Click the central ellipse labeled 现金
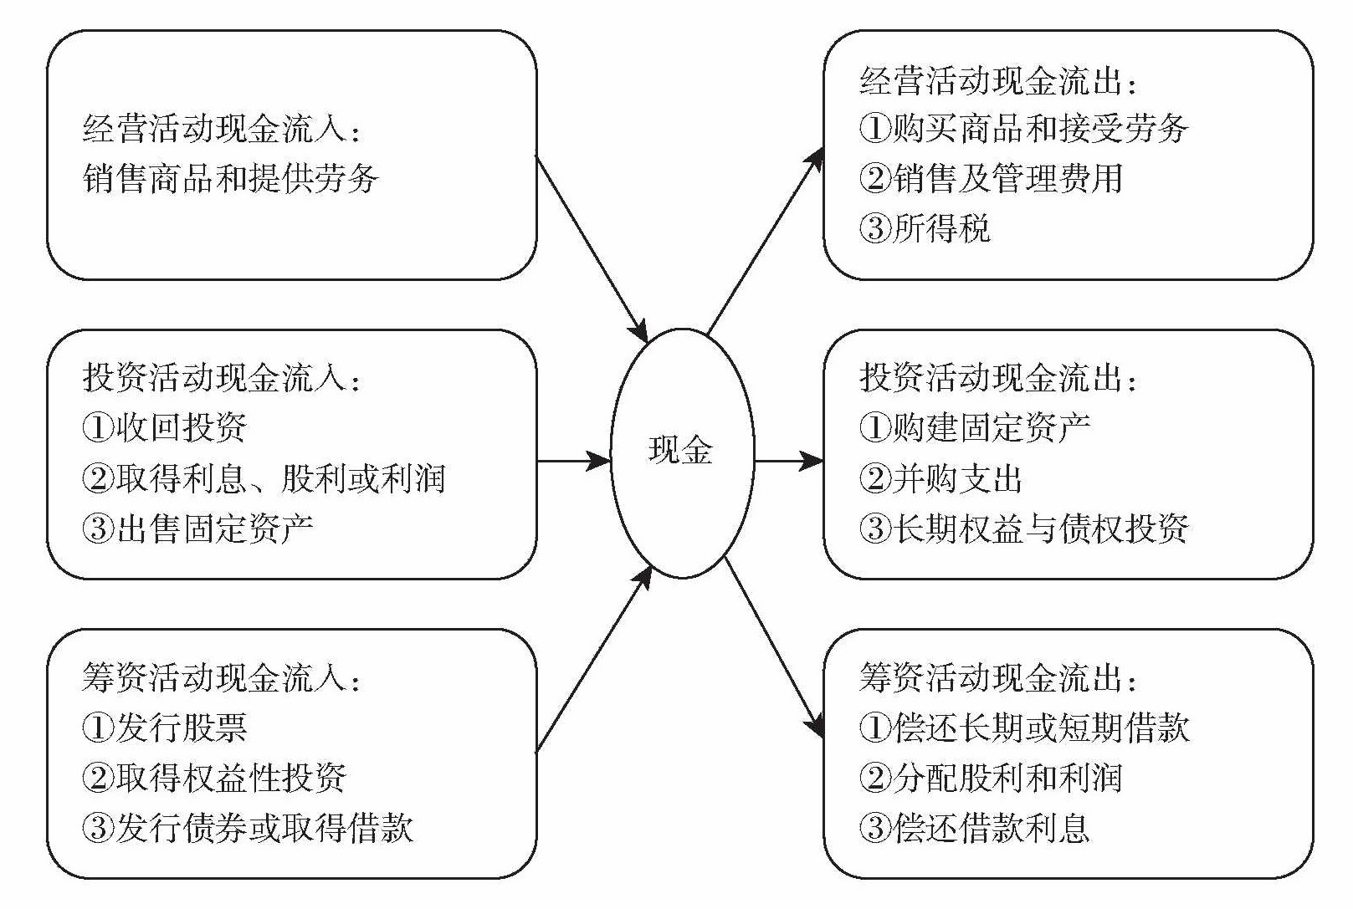681,452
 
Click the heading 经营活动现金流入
223,130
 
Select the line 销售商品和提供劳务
231,179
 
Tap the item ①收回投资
165,427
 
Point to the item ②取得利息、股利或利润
264,478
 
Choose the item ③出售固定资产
198,528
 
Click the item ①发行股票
165,727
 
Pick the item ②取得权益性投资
214,778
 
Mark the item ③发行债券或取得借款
248,828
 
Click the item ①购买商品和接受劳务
1023,129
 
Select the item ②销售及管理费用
991,178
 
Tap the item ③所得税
925,227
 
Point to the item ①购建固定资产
975,427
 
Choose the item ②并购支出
941,478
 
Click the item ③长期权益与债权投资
1023,528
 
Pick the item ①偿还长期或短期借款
1023,727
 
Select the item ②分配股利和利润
991,778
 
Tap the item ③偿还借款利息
975,828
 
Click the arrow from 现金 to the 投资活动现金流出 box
788,461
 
